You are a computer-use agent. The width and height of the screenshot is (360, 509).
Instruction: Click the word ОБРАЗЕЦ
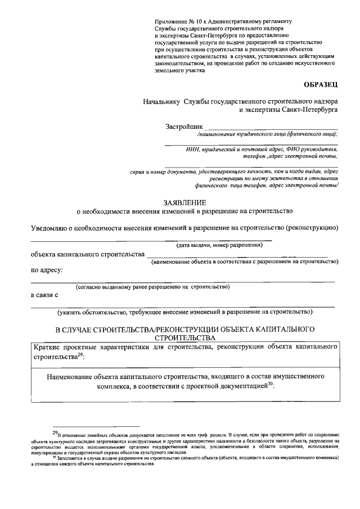(321, 85)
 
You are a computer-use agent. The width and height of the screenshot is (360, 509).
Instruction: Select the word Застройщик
(184, 127)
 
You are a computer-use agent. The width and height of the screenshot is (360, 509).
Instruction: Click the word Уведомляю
(53, 228)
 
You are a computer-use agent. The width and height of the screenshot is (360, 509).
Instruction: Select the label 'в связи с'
(44, 295)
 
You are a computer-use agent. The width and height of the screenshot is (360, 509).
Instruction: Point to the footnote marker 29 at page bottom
(55, 433)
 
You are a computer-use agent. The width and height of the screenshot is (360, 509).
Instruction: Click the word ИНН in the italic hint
(193, 149)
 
